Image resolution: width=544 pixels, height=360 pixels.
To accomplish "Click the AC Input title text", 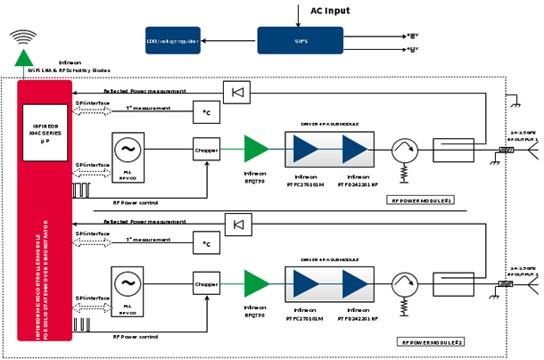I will (x=330, y=11).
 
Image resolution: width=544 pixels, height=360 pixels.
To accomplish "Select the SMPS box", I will (x=300, y=40).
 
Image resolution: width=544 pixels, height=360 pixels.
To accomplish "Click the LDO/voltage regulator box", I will (x=173, y=40).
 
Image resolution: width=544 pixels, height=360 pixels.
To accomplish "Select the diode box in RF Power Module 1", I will (x=236, y=91).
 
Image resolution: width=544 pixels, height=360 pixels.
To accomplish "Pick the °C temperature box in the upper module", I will (x=206, y=112).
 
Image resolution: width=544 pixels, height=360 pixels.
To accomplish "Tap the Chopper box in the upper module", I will (x=206, y=151).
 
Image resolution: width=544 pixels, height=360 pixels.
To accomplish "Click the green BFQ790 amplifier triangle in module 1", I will (x=256, y=150).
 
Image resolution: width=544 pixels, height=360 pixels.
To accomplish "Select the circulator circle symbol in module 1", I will (x=403, y=151).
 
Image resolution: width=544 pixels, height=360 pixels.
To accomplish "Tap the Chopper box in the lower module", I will (x=206, y=285).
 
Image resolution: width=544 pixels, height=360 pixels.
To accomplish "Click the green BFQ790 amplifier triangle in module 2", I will (x=256, y=284).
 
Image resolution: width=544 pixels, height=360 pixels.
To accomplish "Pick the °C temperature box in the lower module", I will (x=206, y=243).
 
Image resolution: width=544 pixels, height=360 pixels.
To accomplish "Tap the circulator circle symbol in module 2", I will (x=403, y=284).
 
